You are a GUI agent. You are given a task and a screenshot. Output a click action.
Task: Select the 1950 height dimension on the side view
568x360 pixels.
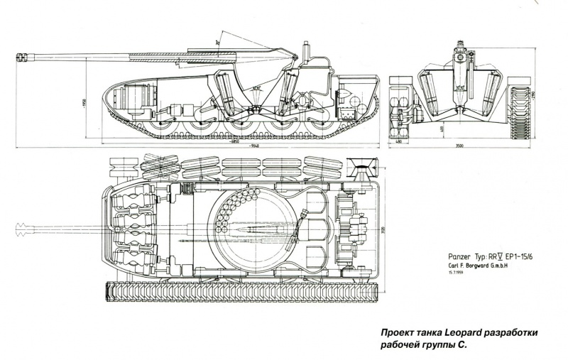click(84, 102)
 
